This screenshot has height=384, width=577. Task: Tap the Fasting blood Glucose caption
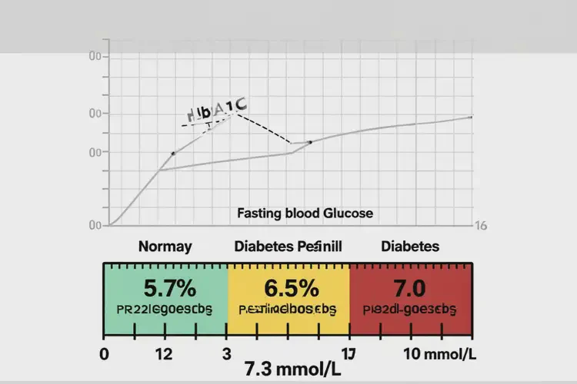point(305,214)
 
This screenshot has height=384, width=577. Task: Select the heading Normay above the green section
point(165,247)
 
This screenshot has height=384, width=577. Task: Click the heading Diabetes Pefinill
point(288,247)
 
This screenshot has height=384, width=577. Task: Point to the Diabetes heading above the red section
point(410,247)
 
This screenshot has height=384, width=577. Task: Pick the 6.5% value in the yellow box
point(291,289)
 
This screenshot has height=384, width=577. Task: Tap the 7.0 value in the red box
point(409,289)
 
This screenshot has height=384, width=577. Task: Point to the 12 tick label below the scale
point(162,354)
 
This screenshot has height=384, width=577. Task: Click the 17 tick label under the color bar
point(348,354)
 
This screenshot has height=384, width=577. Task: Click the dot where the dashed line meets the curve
point(310,142)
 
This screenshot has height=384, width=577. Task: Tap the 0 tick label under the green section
point(105,354)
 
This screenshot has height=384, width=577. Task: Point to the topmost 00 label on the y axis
point(95,56)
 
